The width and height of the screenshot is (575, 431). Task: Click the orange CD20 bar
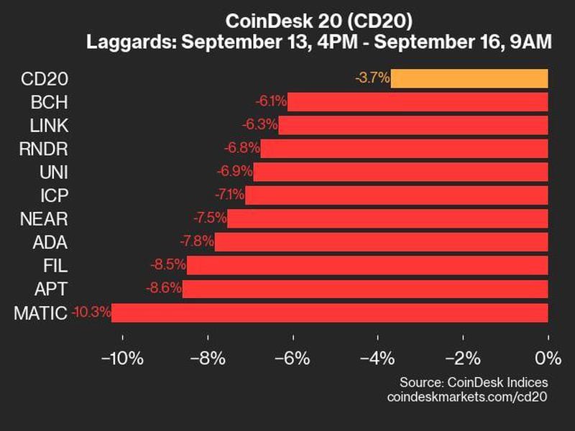tap(469, 78)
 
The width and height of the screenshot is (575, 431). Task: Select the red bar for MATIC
tap(329, 312)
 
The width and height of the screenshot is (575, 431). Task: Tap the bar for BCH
tap(418, 102)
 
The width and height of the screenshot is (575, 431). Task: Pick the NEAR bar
tap(387, 218)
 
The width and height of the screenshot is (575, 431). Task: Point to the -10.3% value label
tap(91, 312)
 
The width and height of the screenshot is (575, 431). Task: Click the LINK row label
tap(50, 125)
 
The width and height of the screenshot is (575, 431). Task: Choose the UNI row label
tap(55, 172)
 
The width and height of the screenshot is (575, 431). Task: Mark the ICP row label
tap(55, 195)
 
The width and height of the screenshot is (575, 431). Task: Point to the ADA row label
tap(52, 241)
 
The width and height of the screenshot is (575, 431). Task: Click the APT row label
tap(52, 289)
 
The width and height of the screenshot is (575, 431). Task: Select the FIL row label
tap(56, 265)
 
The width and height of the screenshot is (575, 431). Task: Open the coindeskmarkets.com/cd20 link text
tap(466, 397)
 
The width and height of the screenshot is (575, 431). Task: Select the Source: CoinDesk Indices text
tap(474, 381)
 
